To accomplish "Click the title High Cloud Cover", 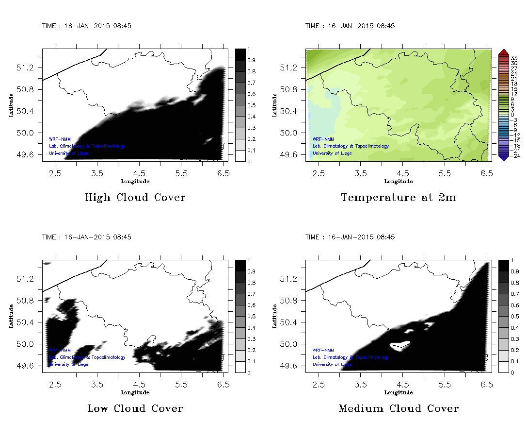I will [135, 198].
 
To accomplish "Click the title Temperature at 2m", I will [399, 198].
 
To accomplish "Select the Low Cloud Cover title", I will [135, 408].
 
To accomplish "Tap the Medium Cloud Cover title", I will [399, 408].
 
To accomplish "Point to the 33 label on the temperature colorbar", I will [515, 57].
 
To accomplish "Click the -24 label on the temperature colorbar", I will [515, 156].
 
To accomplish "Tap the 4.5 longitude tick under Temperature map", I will [403, 173].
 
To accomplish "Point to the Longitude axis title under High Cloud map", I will [135, 181].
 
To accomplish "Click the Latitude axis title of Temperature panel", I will [274, 104].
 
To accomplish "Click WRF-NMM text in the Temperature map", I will [323, 139].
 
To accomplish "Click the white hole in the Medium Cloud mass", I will [399, 346].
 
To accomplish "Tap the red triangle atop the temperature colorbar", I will [503, 52].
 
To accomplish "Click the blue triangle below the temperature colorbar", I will [503, 157].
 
